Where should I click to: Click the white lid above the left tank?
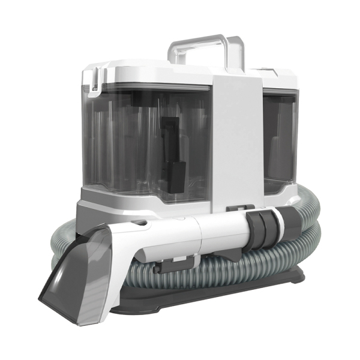150,72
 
